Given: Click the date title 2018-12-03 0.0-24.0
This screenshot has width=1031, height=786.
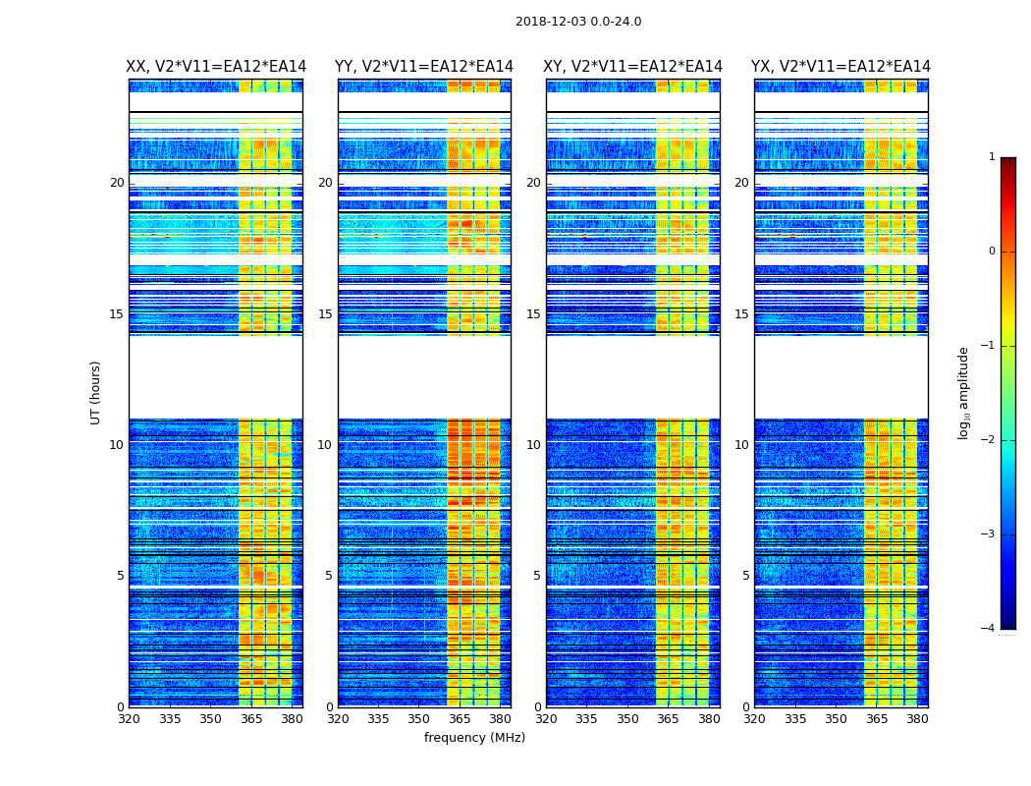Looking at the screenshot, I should coord(578,22).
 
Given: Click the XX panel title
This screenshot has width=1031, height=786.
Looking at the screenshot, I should coord(216,67).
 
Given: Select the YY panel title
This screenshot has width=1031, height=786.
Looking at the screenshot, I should coord(424,67).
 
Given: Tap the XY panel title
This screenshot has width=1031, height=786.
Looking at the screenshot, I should coord(633,67).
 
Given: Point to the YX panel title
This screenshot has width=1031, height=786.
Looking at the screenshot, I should coord(841,67).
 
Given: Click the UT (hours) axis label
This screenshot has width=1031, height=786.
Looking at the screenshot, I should coord(96,392).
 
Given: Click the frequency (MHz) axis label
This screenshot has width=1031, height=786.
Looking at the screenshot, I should coord(474,738).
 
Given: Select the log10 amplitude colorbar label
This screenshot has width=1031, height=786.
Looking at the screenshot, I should coord(964,392).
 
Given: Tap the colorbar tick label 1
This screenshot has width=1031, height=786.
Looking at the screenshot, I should coord(992,157).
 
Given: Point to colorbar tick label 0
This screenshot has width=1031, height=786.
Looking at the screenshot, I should coord(992,252).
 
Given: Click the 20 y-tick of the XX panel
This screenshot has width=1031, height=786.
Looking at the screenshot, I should coord(117,183).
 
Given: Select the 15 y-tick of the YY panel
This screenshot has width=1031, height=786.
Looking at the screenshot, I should coord(325,314).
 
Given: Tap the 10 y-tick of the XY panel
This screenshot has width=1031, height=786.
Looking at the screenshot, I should coord(533,445).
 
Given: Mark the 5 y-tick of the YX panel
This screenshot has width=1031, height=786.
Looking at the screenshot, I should coord(746,576).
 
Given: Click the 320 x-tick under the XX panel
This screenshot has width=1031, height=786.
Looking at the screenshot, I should coord(129,719).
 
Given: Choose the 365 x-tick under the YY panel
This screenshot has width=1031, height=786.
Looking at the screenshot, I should coord(460,719).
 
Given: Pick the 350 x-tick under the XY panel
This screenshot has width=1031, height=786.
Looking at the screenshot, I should coord(627,719).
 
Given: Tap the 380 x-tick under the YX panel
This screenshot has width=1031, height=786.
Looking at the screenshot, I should coord(917,719).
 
